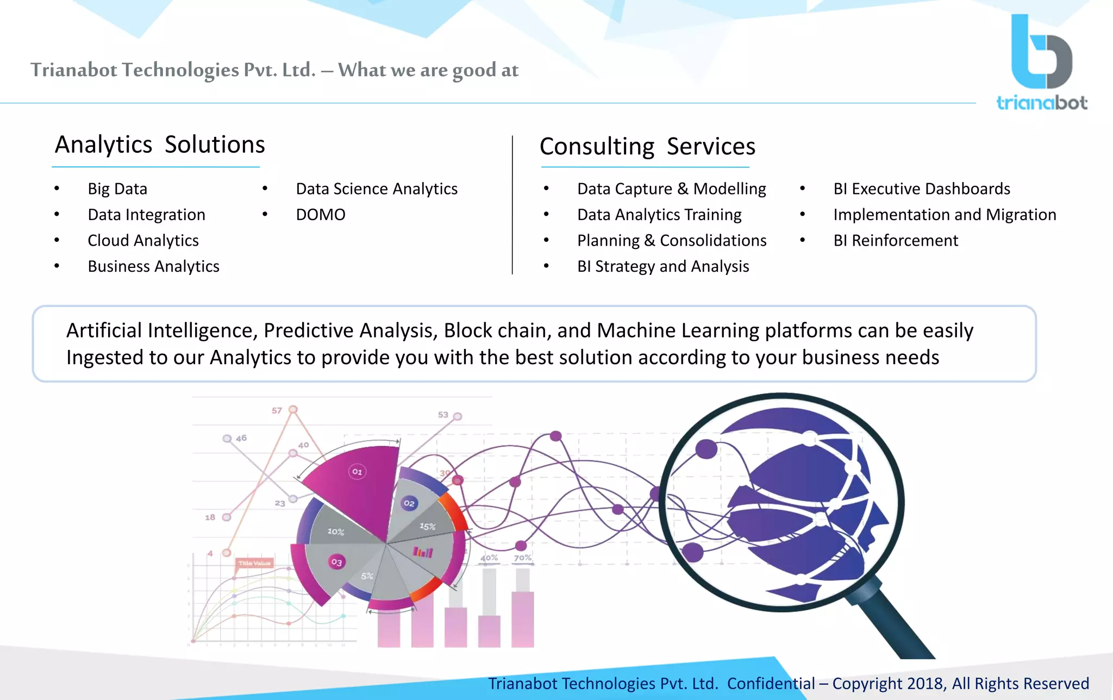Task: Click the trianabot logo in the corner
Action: click(1041, 62)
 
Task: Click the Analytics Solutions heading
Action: click(160, 145)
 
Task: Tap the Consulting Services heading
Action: click(647, 147)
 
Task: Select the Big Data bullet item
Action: click(117, 189)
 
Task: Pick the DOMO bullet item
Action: click(321, 215)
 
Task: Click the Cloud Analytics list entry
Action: click(143, 240)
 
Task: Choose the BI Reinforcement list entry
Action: click(896, 240)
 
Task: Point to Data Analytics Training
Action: click(659, 215)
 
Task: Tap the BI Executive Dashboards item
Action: click(922, 189)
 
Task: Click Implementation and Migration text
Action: click(945, 215)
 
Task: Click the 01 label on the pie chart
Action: click(357, 472)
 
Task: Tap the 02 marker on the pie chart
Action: click(409, 503)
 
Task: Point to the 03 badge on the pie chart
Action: click(336, 562)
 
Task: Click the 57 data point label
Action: click(277, 410)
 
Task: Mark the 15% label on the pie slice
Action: click(428, 526)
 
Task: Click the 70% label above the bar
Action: click(523, 558)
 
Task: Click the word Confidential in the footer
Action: click(771, 683)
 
